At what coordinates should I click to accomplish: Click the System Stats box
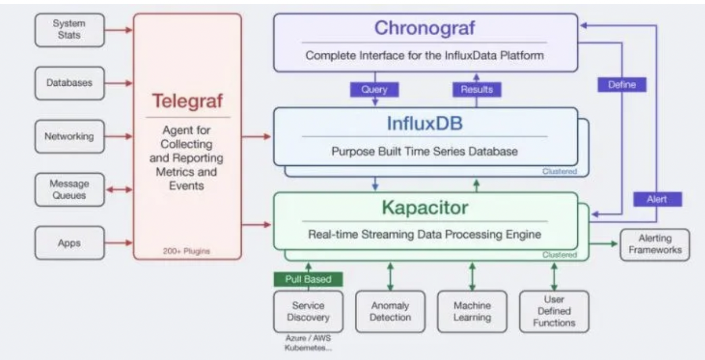tap(69, 30)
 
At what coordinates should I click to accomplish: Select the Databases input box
tap(69, 83)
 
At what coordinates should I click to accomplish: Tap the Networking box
tap(69, 136)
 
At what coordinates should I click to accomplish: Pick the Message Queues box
tap(69, 190)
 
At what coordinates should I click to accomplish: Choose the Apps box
tap(69, 243)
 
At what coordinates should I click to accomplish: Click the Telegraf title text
tap(187, 101)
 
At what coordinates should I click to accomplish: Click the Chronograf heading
tap(425, 28)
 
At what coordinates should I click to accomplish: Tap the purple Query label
tap(375, 89)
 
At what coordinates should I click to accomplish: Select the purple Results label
tap(476, 89)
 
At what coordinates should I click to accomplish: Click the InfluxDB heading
tap(425, 123)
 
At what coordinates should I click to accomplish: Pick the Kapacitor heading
tap(425, 207)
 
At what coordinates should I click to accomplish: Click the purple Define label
tap(622, 85)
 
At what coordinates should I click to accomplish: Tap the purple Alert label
tap(657, 199)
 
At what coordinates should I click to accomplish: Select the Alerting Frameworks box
tap(654, 244)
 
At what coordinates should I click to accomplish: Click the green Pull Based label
tap(309, 279)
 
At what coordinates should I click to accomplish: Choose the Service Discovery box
tap(308, 311)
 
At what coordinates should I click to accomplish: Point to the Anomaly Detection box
tap(389, 311)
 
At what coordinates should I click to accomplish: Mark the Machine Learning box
tap(472, 311)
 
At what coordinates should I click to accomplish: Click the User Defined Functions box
tap(553, 311)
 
